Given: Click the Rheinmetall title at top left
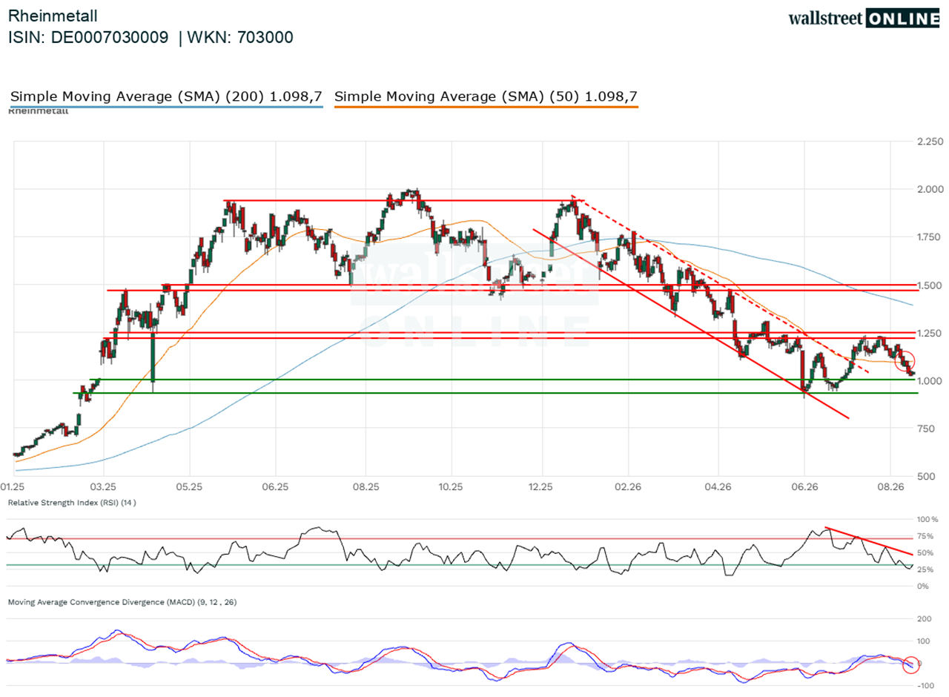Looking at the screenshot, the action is click(x=53, y=16).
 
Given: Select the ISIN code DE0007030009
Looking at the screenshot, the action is click(x=109, y=37).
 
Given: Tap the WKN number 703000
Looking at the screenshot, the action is click(x=265, y=37).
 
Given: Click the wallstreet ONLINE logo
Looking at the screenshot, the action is click(x=864, y=19).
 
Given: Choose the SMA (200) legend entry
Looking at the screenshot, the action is click(x=166, y=96).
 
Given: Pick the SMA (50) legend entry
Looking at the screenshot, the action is click(x=486, y=96).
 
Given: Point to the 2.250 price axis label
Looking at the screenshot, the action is click(x=930, y=142).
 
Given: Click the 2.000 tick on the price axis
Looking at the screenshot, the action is click(x=930, y=189).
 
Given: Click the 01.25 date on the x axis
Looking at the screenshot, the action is click(x=13, y=487).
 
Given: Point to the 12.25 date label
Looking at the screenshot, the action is click(x=540, y=487).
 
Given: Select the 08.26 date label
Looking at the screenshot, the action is click(x=890, y=487).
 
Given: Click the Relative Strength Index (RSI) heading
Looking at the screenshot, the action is click(x=72, y=503).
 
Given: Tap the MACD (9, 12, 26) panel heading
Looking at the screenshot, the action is click(x=122, y=602).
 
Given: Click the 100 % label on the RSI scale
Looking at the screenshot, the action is click(x=927, y=520).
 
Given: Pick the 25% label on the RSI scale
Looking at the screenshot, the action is click(x=925, y=570).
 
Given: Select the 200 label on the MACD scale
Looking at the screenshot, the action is click(x=925, y=619).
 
